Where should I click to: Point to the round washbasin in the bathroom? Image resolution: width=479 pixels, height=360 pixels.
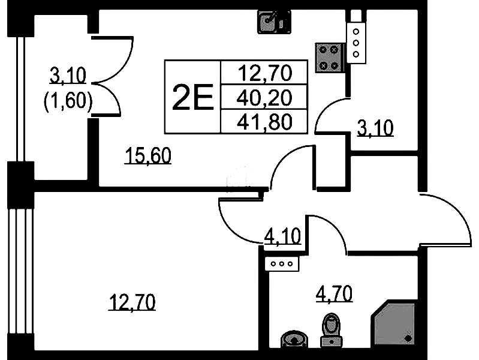pos(295,340)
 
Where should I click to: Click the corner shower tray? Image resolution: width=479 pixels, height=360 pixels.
pos(392,324)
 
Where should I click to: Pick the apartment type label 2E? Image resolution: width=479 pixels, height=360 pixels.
pos(192,97)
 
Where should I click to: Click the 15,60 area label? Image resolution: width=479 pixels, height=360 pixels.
pos(148,157)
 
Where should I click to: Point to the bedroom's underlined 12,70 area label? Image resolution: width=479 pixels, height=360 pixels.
pos(132,301)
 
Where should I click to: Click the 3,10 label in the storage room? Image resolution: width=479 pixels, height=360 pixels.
pos(375,128)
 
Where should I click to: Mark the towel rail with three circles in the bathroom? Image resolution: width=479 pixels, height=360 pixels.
pos(282,263)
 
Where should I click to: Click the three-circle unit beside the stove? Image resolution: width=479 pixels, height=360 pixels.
pos(356,43)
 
